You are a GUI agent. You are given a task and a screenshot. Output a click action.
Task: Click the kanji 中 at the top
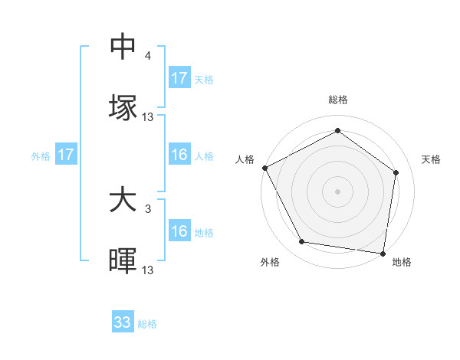point(123,47)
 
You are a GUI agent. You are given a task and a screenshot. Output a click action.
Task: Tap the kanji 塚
point(123,106)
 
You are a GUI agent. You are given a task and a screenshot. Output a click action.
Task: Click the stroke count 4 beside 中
point(148,56)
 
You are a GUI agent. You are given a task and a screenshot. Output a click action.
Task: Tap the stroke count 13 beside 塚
point(148,116)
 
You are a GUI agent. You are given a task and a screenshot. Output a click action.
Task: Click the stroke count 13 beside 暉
point(148,270)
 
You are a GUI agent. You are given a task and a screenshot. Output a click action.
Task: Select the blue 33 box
point(123,322)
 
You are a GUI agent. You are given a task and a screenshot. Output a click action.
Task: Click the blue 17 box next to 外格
point(66,155)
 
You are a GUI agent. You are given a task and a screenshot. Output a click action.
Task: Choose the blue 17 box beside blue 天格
point(179,78)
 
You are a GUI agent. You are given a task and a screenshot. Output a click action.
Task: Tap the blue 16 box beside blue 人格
point(179,155)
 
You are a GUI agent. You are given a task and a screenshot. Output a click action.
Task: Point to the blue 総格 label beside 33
point(147,324)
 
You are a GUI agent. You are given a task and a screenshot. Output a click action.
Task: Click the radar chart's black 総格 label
point(338,100)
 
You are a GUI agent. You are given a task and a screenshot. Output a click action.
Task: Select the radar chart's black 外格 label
point(270,263)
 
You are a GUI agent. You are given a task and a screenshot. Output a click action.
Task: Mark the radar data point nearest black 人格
point(265,167)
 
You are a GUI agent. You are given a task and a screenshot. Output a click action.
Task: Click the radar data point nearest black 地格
point(383,253)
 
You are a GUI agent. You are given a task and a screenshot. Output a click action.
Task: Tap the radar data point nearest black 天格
point(396,172)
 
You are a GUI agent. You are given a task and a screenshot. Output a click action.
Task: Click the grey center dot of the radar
point(338,191)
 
